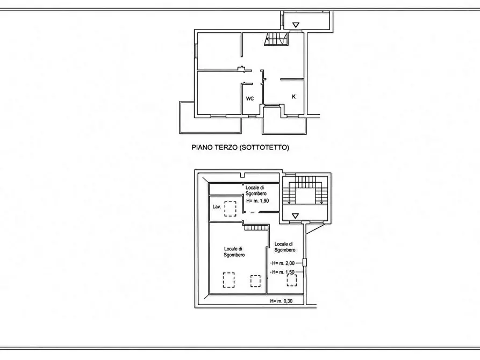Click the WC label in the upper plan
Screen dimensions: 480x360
point(250,98)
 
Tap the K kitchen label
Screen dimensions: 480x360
point(294,97)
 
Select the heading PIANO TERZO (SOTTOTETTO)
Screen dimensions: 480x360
point(240,148)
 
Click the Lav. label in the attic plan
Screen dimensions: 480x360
point(217,207)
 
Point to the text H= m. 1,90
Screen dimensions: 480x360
point(257,201)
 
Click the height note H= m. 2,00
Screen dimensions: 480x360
point(283,263)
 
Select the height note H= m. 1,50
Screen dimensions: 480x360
point(283,272)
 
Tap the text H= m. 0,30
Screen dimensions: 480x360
point(281,301)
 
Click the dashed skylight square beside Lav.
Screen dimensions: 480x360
point(230,209)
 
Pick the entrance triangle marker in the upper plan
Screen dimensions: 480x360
point(296,25)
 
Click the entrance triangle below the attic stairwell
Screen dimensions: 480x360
point(295,216)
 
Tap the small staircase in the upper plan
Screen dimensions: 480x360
point(276,39)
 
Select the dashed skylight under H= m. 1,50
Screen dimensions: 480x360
point(292,280)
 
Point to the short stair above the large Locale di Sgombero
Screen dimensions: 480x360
point(256,227)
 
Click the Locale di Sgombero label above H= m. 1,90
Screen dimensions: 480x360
point(256,190)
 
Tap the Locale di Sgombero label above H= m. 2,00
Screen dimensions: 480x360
point(285,247)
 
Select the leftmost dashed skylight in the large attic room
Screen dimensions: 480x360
point(228,280)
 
